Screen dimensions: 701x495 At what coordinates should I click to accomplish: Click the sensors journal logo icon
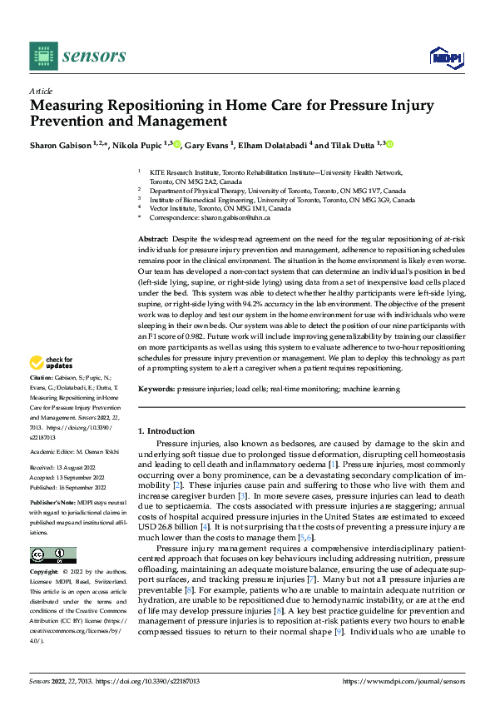click(44, 56)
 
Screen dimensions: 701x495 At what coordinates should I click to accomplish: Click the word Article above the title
click(41, 90)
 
